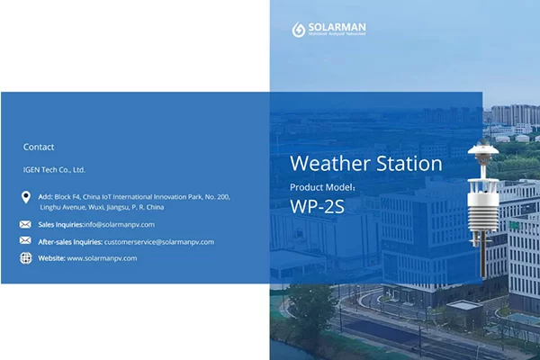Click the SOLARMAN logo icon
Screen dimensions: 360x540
point(299,30)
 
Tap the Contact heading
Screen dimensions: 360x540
point(39,147)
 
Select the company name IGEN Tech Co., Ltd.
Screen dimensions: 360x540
point(54,169)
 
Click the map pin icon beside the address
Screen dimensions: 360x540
point(25,197)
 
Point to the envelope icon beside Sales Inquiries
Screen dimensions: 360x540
point(25,224)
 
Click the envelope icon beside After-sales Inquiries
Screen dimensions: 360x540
point(25,241)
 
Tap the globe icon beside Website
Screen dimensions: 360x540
point(25,258)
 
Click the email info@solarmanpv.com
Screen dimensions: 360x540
point(120,224)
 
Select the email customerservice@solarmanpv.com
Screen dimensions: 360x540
point(159,241)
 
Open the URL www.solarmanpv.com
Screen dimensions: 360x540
point(102,258)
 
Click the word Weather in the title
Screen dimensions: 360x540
point(329,164)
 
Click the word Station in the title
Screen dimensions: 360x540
point(409,164)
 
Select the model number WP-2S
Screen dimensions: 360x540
point(318,205)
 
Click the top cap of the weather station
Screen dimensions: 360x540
point(482,149)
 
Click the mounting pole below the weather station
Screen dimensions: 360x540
point(482,256)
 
